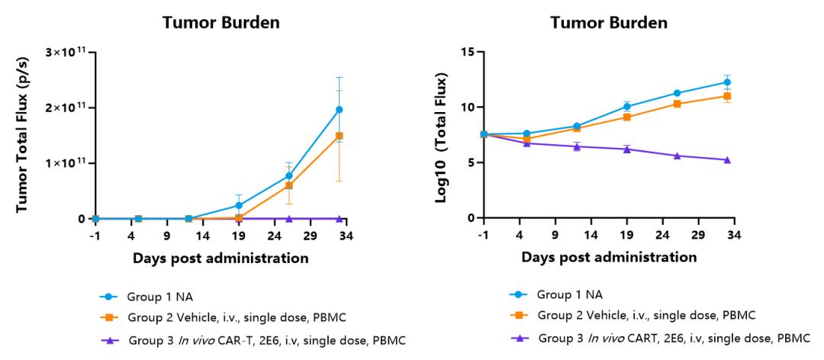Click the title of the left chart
[220, 23]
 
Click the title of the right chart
[609, 23]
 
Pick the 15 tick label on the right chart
[468, 52]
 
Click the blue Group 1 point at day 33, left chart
[340, 109]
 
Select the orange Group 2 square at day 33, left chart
[340, 136]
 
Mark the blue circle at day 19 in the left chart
[239, 205]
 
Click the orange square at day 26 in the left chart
[289, 185]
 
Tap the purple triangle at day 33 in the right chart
[727, 159]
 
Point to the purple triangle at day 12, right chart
[577, 146]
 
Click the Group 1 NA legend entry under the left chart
[146, 297]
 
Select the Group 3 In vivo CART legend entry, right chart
[659, 338]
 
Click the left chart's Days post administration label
[220, 258]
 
